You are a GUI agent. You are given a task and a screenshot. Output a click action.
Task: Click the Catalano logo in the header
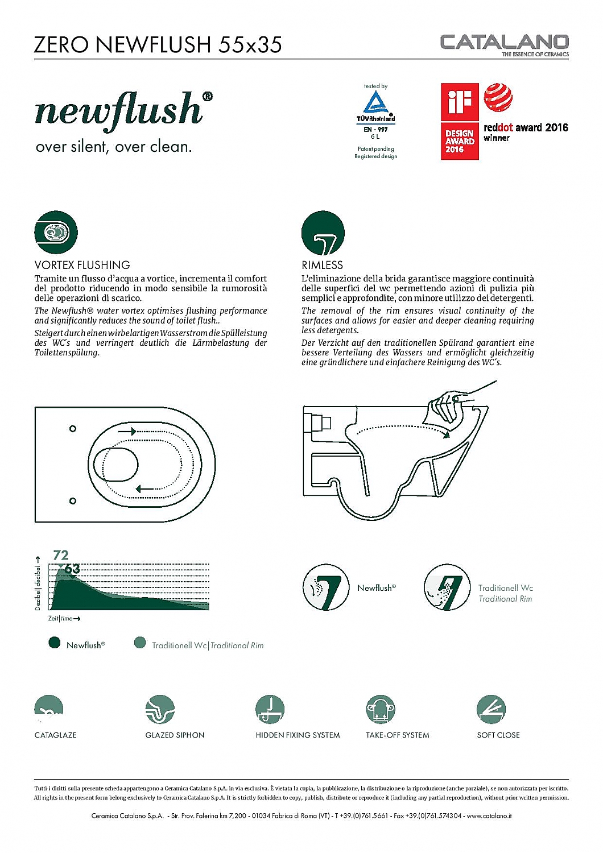[504, 43]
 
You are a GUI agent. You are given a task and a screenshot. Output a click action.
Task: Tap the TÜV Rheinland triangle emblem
[375, 103]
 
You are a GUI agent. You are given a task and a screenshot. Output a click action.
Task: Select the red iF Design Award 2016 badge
[460, 121]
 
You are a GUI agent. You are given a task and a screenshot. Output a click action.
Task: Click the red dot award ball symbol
[498, 98]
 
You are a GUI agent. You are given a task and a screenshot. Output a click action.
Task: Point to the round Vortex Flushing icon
[56, 232]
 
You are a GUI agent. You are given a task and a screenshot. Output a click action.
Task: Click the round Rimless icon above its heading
[323, 233]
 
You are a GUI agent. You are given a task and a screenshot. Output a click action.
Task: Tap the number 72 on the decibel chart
[61, 555]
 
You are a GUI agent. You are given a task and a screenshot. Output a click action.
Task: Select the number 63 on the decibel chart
[72, 569]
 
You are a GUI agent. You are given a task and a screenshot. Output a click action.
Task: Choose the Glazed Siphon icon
[160, 709]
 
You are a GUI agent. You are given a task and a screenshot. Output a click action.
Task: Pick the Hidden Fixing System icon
[270, 709]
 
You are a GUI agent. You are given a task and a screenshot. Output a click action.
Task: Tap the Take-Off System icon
[381, 709]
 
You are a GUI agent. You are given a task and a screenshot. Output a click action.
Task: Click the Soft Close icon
[491, 709]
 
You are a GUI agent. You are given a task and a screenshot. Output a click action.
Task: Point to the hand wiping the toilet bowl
[449, 405]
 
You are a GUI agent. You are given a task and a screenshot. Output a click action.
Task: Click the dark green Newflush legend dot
[55, 643]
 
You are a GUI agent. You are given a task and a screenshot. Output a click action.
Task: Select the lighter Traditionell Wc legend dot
[140, 643]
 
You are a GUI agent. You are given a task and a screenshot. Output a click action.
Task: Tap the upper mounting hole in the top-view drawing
[73, 428]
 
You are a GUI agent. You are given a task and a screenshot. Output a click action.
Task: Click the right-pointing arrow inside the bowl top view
[127, 432]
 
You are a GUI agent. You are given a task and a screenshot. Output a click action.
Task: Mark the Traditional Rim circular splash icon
[447, 587]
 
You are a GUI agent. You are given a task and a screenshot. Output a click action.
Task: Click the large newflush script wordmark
[119, 109]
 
